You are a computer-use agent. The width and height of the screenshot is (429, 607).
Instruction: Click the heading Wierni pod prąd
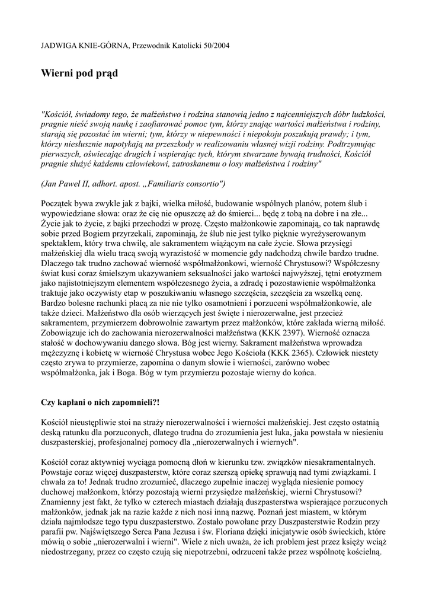click(79, 74)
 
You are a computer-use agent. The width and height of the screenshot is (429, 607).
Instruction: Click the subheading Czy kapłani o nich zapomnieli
click(100, 402)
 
